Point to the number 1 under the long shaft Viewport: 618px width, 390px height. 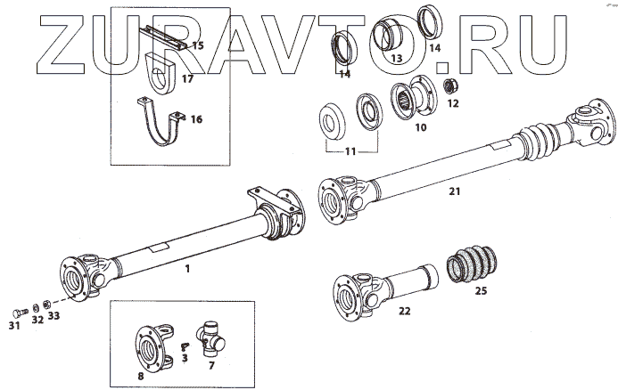pyautogui.click(x=187, y=267)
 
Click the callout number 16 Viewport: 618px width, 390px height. pyautogui.click(x=196, y=118)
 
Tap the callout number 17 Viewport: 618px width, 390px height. pyautogui.click(x=187, y=78)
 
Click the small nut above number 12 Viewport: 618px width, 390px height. pyautogui.click(x=451, y=86)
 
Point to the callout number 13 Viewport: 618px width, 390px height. pyautogui.click(x=397, y=58)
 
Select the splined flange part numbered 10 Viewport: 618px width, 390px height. pyautogui.click(x=408, y=102)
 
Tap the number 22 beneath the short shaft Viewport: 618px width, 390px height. pyautogui.click(x=404, y=311)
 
